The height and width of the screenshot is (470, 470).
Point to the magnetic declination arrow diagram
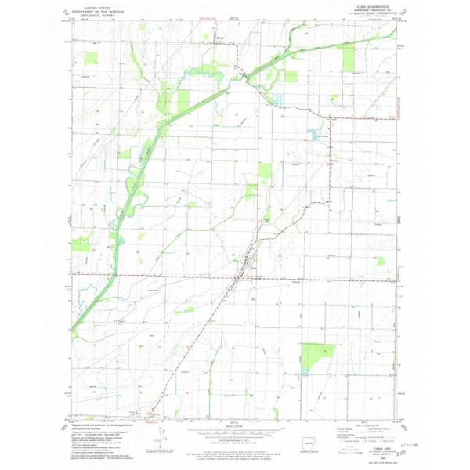(x=161, y=439)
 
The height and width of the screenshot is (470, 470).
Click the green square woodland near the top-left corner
(x=91, y=57)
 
